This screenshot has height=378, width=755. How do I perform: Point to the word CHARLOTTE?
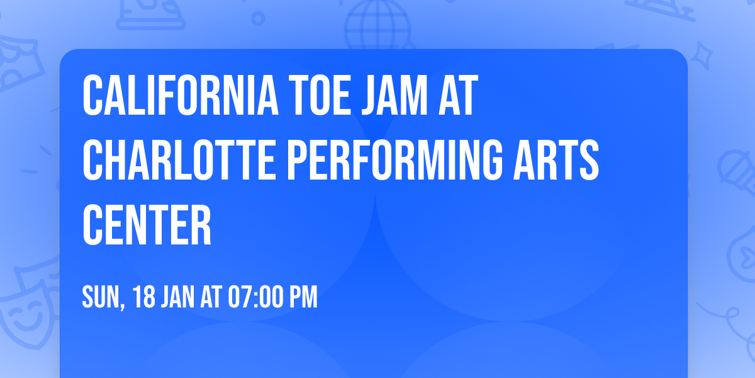pos(180,160)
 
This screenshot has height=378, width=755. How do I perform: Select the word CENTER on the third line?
pos(147,225)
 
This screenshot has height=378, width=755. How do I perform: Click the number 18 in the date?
pos(144,297)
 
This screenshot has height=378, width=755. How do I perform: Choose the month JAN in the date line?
pos(179,297)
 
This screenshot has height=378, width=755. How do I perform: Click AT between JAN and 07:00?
pos(210,297)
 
